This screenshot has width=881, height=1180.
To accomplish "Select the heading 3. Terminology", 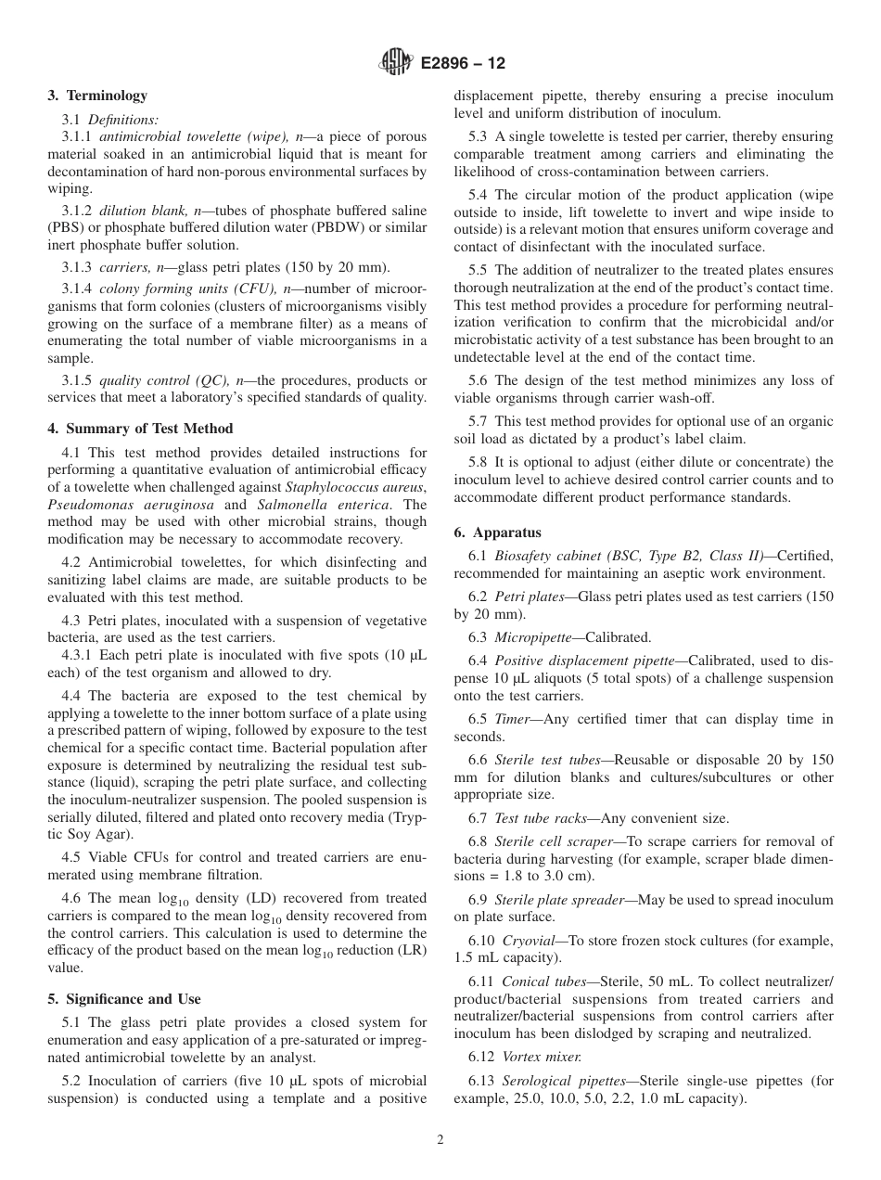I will point(96,96).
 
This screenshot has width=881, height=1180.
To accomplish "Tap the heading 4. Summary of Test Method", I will point(140,429).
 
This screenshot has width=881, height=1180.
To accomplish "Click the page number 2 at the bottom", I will point(440,1140).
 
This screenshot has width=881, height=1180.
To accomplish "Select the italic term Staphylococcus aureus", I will point(354,488).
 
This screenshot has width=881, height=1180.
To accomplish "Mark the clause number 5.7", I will point(478,421).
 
